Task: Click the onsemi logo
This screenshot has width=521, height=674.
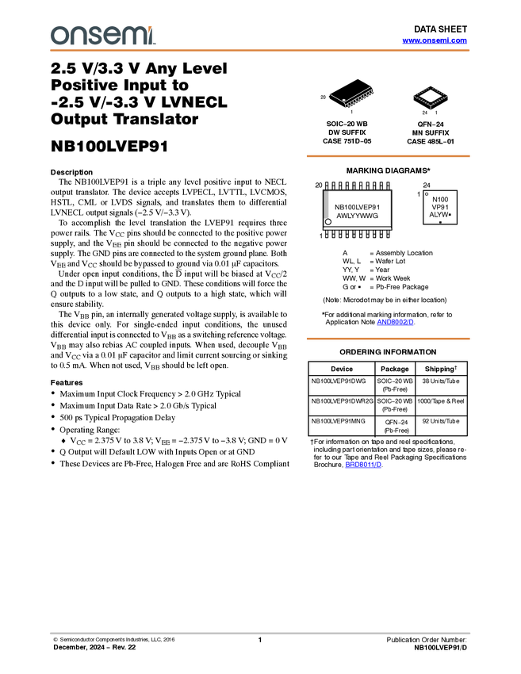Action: coord(102,36)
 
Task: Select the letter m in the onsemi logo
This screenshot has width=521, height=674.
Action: coord(132,36)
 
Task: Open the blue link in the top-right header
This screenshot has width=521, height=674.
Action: coord(435,40)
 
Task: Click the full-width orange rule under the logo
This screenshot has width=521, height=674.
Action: coord(260,51)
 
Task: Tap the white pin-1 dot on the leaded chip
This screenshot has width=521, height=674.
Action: coord(345,101)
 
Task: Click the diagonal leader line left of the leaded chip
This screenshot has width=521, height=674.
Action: coord(336,97)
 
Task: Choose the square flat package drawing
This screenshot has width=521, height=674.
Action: coord(431,97)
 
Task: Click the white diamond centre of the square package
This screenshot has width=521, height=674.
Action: coord(431,96)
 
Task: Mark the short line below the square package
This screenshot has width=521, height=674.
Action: coord(431,108)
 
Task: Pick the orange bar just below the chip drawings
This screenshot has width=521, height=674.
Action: coord(388,156)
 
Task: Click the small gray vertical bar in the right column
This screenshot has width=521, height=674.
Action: coord(327,205)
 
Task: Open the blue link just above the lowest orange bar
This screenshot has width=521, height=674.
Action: coord(395,323)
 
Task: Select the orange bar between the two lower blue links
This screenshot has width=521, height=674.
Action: coord(388,339)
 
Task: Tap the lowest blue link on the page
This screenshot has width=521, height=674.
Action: coord(363,465)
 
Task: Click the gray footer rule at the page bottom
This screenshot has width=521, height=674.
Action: coord(260,633)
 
